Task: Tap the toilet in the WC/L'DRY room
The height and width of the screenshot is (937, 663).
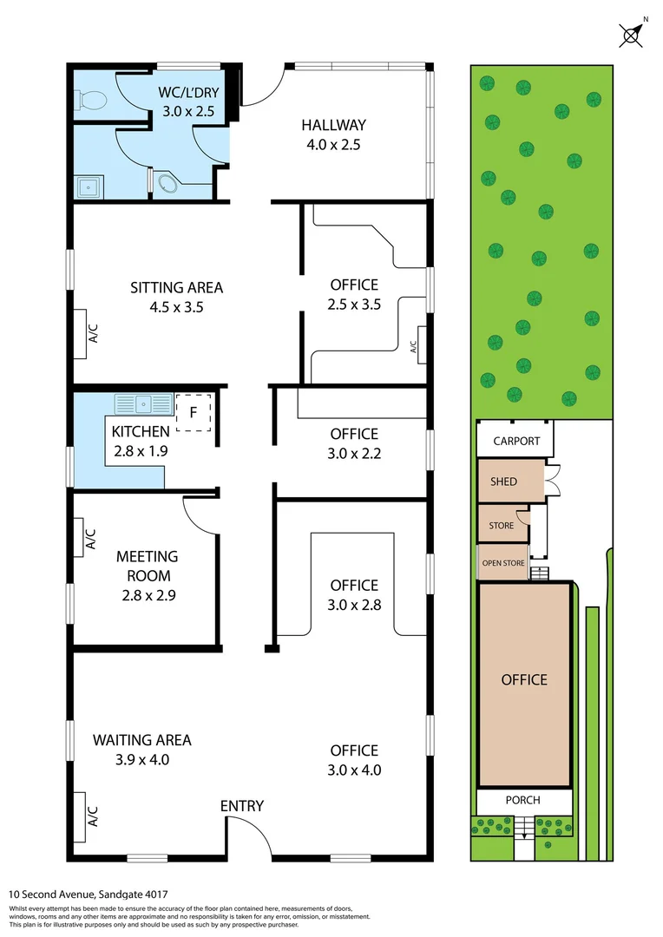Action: coord(90,102)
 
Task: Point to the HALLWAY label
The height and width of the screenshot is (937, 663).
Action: coord(334,125)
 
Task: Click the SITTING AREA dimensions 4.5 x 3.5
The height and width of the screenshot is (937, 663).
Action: coord(177,307)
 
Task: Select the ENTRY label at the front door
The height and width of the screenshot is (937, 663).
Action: coord(241,806)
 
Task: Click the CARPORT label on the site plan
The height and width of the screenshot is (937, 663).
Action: coord(516,441)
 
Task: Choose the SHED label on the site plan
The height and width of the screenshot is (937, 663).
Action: coord(503,482)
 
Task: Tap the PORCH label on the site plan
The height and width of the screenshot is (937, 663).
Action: coord(522,800)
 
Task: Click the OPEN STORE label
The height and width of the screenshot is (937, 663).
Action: coord(503,563)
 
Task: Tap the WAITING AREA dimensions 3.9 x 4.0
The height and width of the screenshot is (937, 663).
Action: coord(142,760)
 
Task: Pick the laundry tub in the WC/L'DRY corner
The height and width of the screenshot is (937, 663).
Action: coord(87,186)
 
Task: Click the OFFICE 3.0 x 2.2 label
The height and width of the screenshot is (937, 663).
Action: coord(354,434)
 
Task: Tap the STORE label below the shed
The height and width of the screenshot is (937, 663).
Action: coord(502,525)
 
